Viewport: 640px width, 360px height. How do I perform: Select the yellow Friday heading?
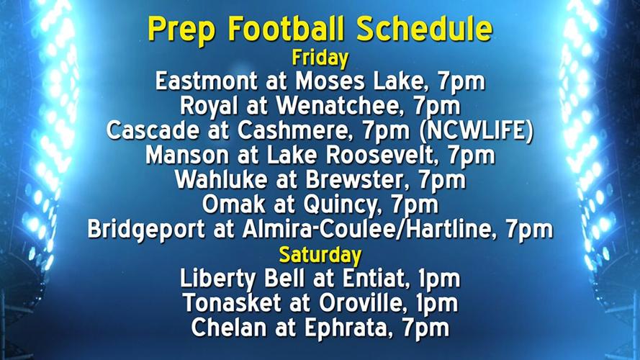(x=320, y=57)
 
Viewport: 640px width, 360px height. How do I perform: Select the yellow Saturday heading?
(x=320, y=253)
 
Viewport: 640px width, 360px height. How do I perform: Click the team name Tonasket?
(x=225, y=302)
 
